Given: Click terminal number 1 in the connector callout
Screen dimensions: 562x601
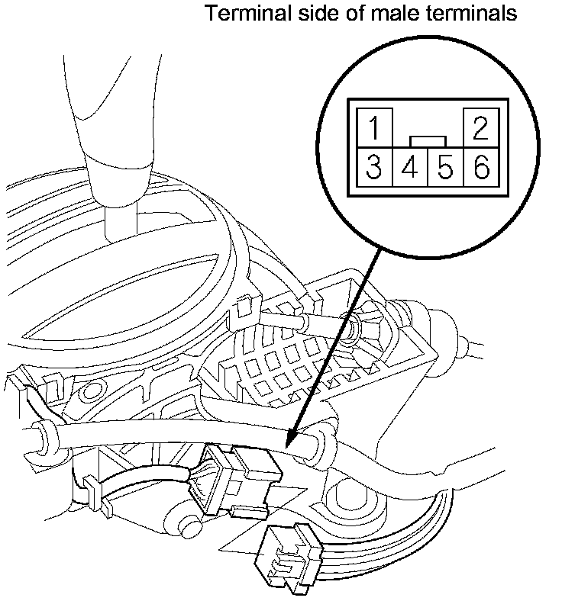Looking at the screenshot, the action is point(373,128).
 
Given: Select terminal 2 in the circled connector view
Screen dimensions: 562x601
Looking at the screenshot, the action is point(481,128).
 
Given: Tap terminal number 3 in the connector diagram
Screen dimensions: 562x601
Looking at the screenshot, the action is point(373,167).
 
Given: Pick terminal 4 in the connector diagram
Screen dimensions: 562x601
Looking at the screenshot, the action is point(409,167).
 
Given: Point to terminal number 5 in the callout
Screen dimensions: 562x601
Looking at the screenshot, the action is point(445,167).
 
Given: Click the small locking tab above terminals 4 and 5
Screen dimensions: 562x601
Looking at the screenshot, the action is point(428,140).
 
